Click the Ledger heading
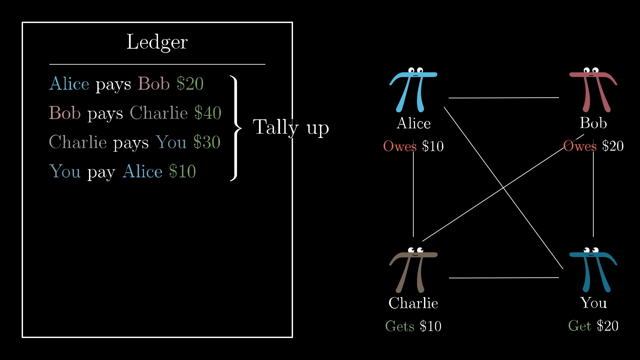coord(157,43)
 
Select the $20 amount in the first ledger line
coord(190,83)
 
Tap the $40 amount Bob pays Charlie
coord(208,113)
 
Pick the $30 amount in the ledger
coord(207,142)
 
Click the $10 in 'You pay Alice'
coord(182,171)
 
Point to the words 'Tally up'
coord(291,128)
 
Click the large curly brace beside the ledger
coord(236,128)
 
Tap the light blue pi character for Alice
coord(413,90)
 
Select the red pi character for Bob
coord(593,90)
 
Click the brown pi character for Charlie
coord(413,270)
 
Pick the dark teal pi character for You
coord(593,270)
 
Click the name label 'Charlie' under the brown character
coord(413,303)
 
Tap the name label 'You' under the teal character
coord(593,303)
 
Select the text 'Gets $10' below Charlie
coord(413,326)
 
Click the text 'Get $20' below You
coord(593,326)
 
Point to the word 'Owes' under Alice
coord(400,146)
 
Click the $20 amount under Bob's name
coord(613,146)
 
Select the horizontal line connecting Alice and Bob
coord(504,98)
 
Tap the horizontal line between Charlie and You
coord(504,277)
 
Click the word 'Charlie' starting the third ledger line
coord(78,142)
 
